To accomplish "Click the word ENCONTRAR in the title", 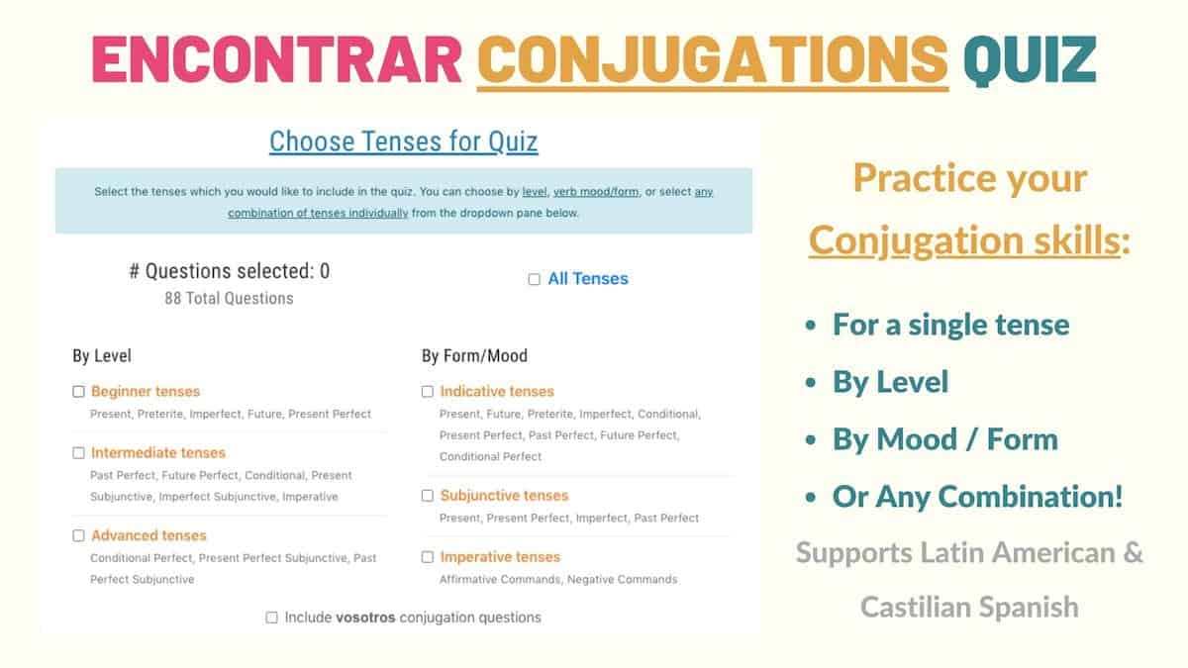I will (x=276, y=59).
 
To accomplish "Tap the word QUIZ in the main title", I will (x=1030, y=59).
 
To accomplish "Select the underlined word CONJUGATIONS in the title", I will (x=713, y=59).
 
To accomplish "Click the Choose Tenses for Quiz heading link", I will (x=404, y=142).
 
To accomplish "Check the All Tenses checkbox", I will (x=535, y=280).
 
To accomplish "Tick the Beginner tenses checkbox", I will (x=78, y=392).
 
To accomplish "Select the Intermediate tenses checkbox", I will (x=78, y=453).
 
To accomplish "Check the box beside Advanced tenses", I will (x=78, y=536).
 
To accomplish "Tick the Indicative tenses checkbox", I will (x=428, y=392).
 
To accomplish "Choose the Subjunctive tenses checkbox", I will (x=428, y=496).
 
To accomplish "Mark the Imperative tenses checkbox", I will (x=428, y=557).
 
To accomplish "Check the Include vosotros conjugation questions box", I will (x=271, y=618).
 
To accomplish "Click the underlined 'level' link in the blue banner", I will (x=534, y=192).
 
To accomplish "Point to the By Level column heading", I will (x=102, y=355).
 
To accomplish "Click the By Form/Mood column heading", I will (x=474, y=355).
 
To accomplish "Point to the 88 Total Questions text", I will (x=229, y=298).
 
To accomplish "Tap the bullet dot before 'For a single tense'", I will (x=812, y=326).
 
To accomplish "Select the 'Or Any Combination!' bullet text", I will (x=978, y=497).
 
